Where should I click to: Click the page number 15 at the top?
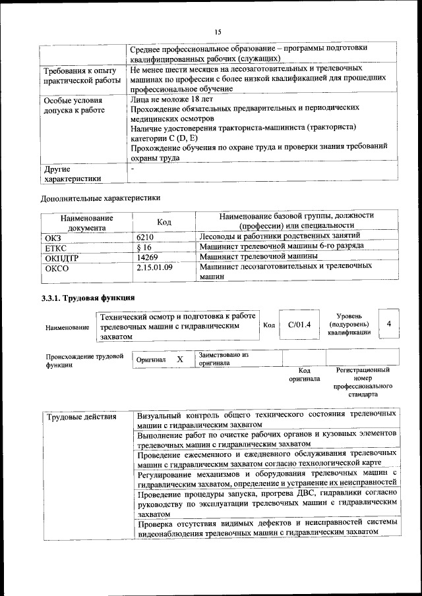click(x=218, y=32)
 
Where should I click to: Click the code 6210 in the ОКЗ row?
click(x=145, y=235)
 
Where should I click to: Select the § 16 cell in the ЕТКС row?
click(x=144, y=246)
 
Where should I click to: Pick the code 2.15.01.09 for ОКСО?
click(x=154, y=267)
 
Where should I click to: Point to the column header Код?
click(x=164, y=223)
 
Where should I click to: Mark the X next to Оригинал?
click(x=179, y=360)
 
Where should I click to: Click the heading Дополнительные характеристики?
click(x=100, y=197)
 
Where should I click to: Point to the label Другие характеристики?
click(x=73, y=173)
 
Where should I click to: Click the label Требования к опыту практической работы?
click(x=81, y=75)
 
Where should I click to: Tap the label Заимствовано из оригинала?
click(x=223, y=359)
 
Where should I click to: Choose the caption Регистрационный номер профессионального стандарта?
click(x=363, y=383)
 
